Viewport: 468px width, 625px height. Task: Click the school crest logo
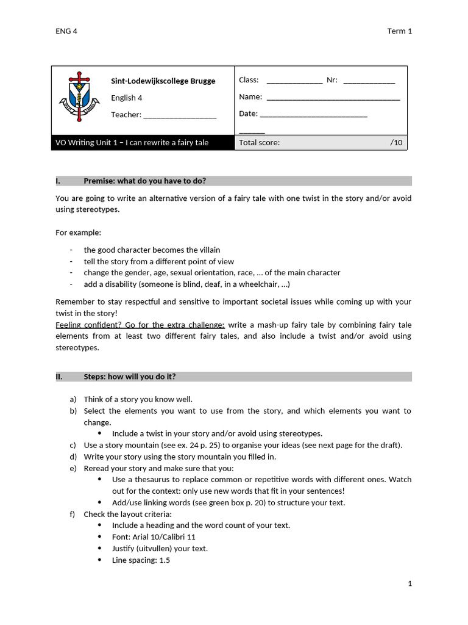coord(79,97)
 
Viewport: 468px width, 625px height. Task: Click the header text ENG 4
coord(66,31)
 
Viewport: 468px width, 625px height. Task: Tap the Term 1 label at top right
coord(400,31)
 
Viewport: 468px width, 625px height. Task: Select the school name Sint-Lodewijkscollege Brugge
coord(163,81)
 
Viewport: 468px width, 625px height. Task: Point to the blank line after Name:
coord(333,98)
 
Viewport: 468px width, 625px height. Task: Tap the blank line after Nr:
coord(369,82)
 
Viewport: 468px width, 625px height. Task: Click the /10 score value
coord(396,143)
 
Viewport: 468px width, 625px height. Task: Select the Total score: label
coord(260,143)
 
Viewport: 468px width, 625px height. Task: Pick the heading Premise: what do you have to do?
coord(144,181)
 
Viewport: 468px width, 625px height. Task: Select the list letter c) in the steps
coord(73,445)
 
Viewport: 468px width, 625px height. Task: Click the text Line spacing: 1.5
coord(141,560)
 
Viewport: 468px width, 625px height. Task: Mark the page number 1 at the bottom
coord(409,583)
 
